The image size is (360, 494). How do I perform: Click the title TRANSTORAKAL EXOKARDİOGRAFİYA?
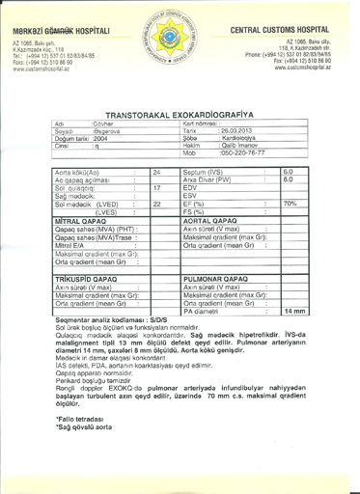(x=178, y=112)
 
